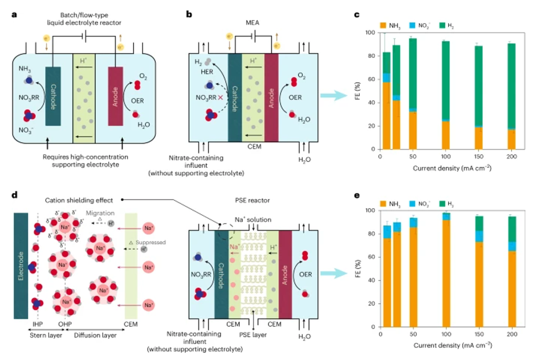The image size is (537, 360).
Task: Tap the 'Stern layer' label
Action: click(x=35, y=335)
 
